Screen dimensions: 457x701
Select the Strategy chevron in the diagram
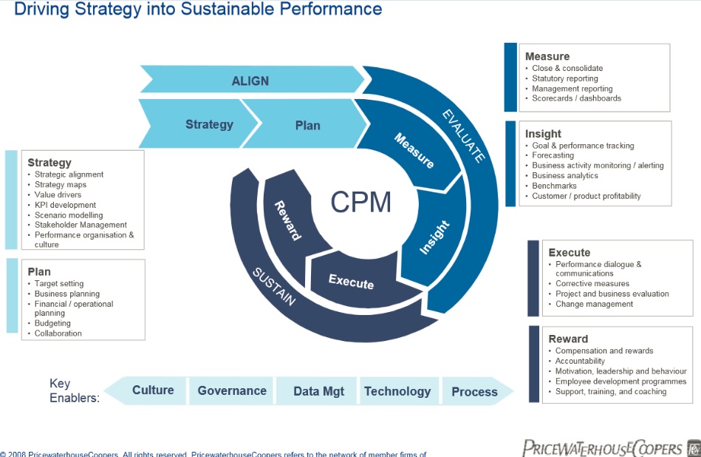[209, 124]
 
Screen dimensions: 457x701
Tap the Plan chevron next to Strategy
[307, 125]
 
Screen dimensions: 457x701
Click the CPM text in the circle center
[361, 201]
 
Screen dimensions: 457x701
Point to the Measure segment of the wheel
[413, 151]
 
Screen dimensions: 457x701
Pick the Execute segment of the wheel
[351, 281]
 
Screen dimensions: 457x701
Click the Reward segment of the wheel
[288, 220]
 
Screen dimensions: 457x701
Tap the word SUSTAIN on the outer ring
[274, 286]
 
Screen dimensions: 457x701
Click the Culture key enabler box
[153, 390]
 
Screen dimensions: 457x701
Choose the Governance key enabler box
[232, 390]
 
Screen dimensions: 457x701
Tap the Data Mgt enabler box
[318, 391]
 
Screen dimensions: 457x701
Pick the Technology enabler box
[397, 391]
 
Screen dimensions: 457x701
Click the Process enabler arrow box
[474, 391]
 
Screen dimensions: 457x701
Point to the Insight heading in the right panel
[543, 134]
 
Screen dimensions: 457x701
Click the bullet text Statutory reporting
[565, 78]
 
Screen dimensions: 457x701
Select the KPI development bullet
[65, 205]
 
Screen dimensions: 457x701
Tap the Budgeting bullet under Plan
[52, 323]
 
